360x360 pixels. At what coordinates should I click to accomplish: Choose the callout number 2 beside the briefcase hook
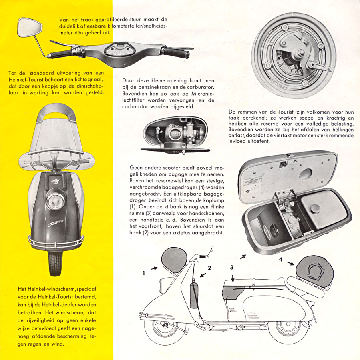pyautogui.click(x=209, y=267)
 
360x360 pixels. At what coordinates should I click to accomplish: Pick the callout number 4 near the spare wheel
pyautogui.click(x=280, y=260)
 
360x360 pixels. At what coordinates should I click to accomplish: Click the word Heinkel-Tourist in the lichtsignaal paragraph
pyautogui.click(x=26, y=80)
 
